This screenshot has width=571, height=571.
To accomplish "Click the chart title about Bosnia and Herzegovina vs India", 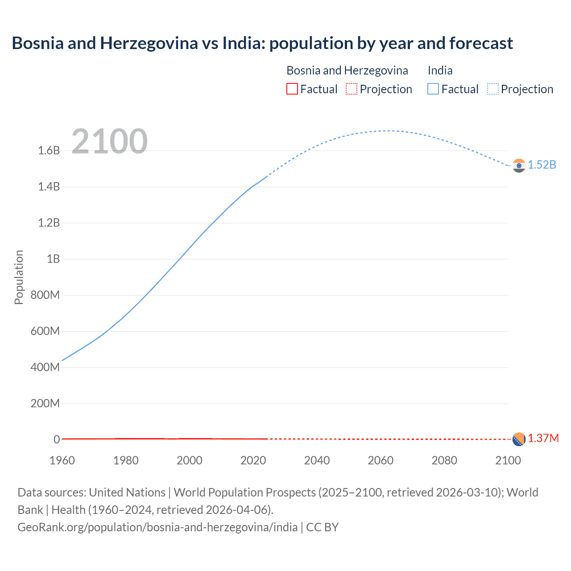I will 262,43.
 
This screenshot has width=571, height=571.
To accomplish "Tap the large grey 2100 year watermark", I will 109,141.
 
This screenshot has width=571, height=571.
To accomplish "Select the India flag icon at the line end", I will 519,166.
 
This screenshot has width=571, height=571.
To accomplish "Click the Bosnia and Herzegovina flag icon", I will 519,439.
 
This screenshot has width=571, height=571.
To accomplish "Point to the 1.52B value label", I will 542,165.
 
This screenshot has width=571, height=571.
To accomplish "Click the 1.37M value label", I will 543,438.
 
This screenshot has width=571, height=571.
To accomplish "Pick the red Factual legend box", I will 292,89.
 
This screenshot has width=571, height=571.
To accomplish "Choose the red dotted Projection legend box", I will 352,89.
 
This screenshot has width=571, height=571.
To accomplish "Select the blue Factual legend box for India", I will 433,89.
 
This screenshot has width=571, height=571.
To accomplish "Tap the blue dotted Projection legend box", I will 493,89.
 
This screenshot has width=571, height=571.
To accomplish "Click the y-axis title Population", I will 19,277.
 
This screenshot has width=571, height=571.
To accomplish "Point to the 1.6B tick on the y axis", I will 49,150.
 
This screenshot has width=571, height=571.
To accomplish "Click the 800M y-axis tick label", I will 45,295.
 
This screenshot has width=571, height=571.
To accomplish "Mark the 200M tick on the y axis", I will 45,404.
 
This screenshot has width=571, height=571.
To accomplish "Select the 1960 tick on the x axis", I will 62,460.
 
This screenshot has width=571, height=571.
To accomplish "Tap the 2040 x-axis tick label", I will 317,460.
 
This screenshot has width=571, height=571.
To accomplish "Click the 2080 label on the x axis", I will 444,460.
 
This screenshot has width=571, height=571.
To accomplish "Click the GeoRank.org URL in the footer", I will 157,527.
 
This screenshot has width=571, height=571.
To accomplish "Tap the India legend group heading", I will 440,70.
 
